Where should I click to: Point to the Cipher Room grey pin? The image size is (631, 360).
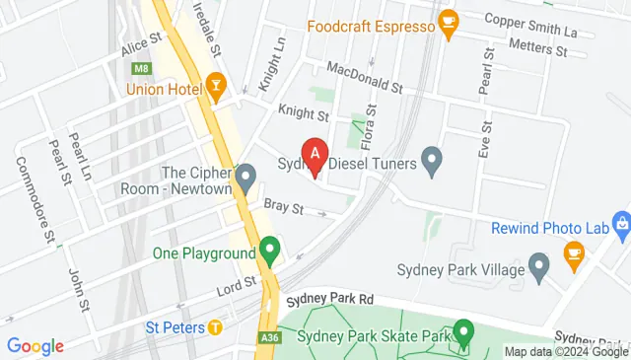coord(246,179)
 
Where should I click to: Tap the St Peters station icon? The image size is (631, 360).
coord(214,326)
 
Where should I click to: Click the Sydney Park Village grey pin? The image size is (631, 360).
coord(538,264)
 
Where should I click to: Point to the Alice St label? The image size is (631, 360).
coord(141,44)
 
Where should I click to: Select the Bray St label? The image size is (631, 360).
coord(283,208)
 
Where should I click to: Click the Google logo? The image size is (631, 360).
coord(35,346)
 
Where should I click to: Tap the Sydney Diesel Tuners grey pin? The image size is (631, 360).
coord(431,158)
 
